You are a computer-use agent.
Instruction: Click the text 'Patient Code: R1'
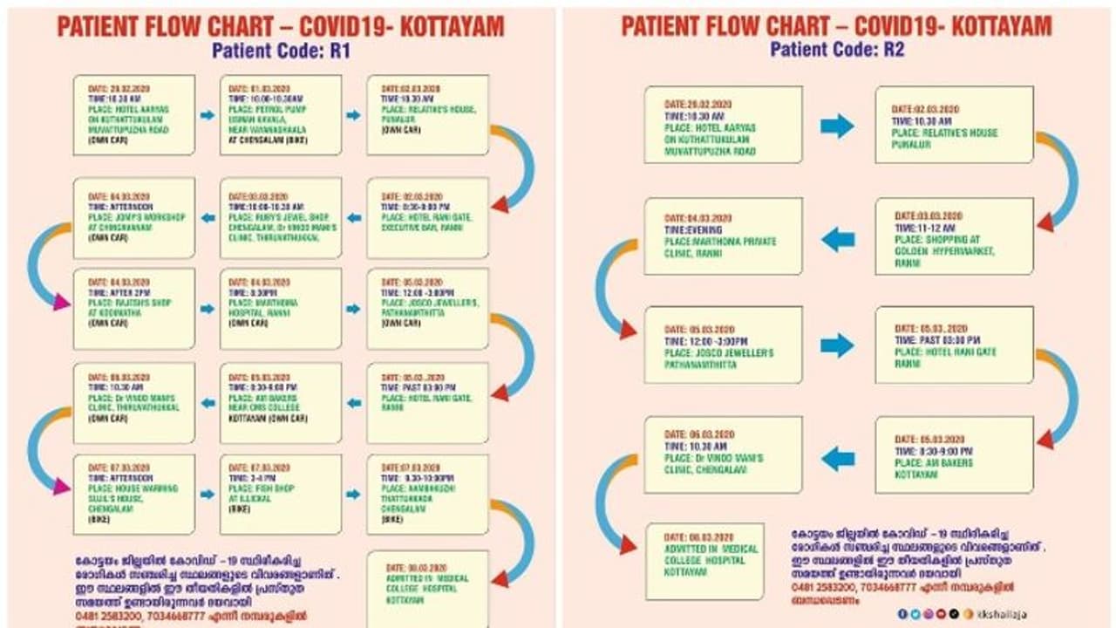click(281, 51)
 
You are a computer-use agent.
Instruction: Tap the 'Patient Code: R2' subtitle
click(837, 49)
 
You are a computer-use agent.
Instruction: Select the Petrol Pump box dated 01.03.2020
click(281, 115)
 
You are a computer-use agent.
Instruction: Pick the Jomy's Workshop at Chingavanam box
click(133, 218)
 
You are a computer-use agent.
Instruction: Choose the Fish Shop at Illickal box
click(281, 494)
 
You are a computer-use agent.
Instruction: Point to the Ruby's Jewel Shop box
click(281, 218)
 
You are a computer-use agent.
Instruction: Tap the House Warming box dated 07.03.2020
click(133, 494)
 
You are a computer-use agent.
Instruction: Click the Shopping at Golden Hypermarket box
click(954, 236)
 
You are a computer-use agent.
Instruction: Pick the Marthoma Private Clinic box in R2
click(723, 236)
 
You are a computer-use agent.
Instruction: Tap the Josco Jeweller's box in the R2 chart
click(723, 345)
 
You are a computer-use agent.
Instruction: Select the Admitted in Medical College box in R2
click(704, 561)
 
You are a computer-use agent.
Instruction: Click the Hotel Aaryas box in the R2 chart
click(723, 125)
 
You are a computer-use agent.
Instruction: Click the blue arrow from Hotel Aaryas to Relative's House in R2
click(837, 126)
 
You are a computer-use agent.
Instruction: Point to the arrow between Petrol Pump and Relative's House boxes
click(353, 115)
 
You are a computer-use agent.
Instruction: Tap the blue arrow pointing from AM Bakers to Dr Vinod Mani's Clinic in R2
click(838, 457)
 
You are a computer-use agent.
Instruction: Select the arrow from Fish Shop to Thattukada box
click(353, 494)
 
